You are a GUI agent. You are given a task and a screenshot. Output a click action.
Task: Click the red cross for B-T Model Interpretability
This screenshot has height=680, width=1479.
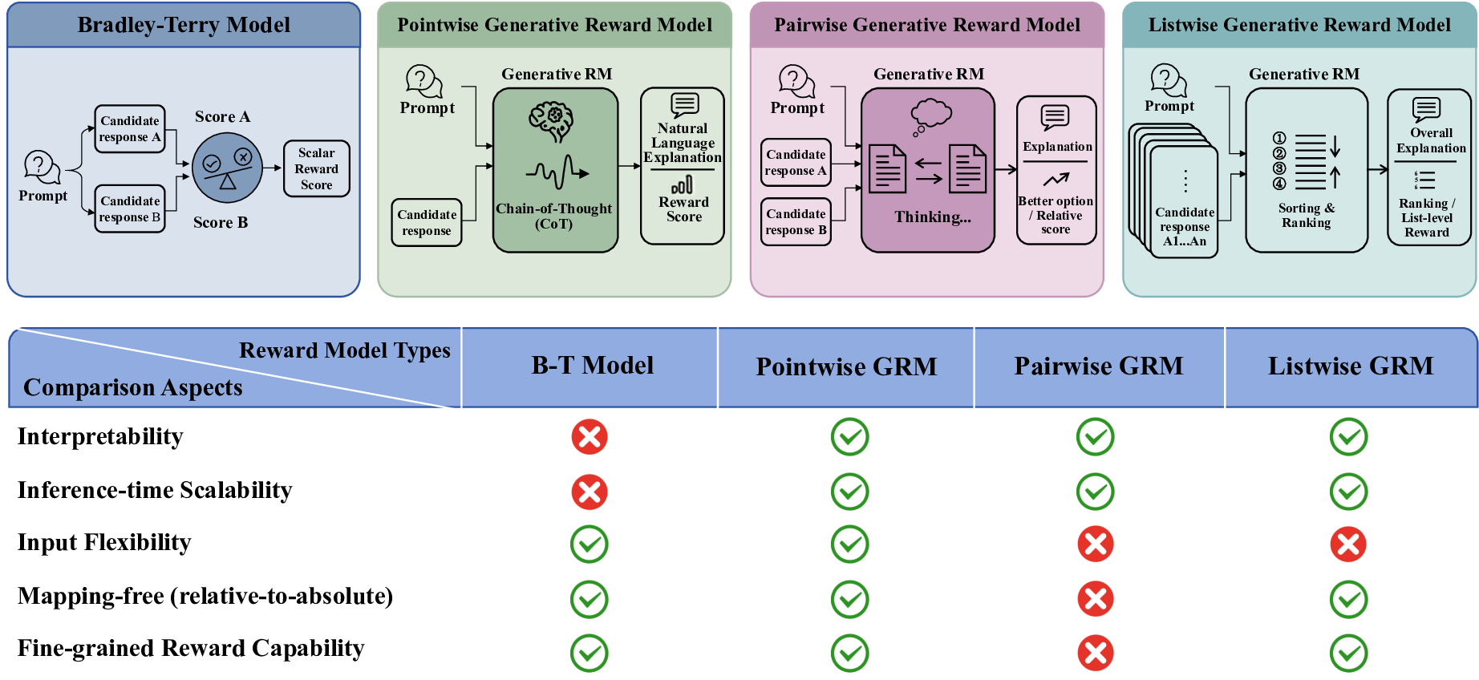590,437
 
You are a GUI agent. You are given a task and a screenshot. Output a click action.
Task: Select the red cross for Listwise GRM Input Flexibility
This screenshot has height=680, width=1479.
1348,544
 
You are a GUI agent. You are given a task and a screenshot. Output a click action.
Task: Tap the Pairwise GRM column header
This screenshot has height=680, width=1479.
1098,366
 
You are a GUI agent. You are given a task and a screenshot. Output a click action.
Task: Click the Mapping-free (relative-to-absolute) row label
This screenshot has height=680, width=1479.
205,596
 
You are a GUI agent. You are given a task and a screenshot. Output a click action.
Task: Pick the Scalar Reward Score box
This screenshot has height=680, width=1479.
317,168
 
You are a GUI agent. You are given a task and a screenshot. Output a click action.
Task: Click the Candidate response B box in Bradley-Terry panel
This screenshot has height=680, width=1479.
130,209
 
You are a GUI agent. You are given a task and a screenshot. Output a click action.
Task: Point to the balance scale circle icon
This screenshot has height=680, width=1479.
227,168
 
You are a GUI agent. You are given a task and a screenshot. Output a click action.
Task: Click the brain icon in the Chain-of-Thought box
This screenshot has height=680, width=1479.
551,121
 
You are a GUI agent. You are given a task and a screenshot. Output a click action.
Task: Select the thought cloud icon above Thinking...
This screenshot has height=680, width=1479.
930,115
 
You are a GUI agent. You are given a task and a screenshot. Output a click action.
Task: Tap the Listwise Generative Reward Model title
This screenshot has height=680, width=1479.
1299,25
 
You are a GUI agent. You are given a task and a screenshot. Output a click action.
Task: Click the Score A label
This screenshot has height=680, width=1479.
222,117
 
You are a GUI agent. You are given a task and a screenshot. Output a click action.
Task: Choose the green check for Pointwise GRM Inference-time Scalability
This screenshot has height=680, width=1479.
849,492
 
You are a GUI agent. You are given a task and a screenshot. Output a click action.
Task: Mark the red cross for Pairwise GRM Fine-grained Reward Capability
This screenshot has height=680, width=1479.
1096,653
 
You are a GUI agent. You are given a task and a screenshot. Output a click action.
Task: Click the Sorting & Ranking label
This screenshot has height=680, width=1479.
1306,215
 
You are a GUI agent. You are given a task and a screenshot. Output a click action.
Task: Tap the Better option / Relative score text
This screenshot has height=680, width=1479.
1056,215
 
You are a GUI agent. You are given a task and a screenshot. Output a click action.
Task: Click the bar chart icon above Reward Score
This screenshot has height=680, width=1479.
683,185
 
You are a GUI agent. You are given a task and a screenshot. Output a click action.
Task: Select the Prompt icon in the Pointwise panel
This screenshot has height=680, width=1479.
424,81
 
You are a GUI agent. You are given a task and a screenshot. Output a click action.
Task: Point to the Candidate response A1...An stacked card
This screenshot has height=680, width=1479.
1184,204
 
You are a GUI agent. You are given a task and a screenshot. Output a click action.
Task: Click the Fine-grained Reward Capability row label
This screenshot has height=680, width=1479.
191,648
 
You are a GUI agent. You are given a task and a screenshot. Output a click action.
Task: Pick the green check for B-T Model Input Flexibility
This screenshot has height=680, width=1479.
590,544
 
